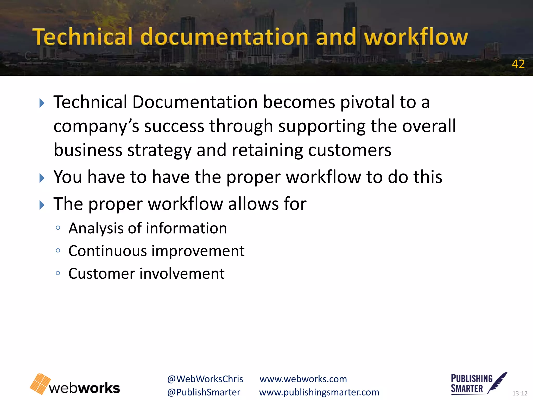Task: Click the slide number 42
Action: pyautogui.click(x=518, y=64)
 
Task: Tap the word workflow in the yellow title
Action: pyautogui.click(x=416, y=37)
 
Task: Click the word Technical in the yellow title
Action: pyautogui.click(x=83, y=37)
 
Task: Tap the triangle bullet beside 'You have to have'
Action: pyautogui.click(x=42, y=178)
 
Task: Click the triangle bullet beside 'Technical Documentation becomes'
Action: pyautogui.click(x=42, y=103)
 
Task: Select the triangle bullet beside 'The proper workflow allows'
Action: pyautogui.click(x=42, y=205)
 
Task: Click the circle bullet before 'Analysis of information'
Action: pyautogui.click(x=58, y=228)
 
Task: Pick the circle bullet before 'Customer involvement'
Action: pyautogui.click(x=58, y=273)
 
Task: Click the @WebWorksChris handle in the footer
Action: pyautogui.click(x=205, y=379)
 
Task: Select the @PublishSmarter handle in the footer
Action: pyautogui.click(x=204, y=392)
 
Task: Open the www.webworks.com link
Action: pyautogui.click(x=303, y=379)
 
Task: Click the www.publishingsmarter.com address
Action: pyautogui.click(x=319, y=392)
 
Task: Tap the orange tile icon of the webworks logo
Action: pyautogui.click(x=40, y=384)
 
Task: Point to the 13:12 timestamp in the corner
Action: pyautogui.click(x=520, y=393)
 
